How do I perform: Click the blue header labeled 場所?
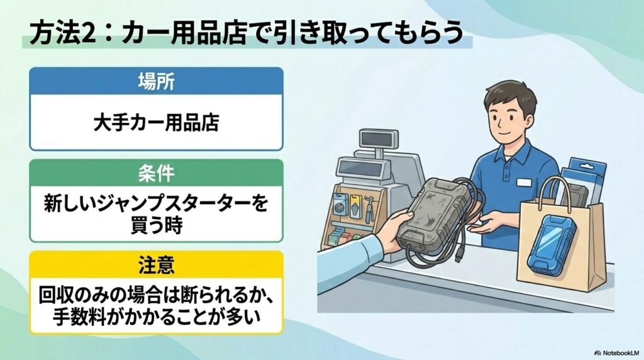click(156, 81)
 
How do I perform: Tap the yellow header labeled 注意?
click(156, 264)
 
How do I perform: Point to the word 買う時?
click(156, 225)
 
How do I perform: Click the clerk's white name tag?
click(524, 183)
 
